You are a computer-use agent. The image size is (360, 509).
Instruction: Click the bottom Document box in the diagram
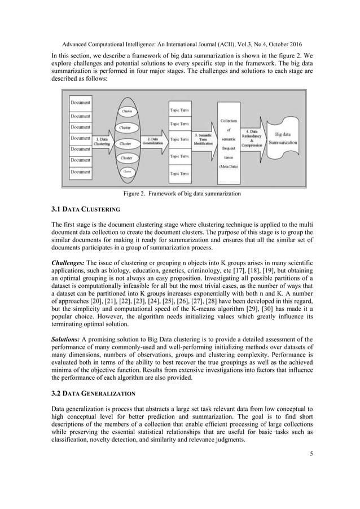pos(81,172)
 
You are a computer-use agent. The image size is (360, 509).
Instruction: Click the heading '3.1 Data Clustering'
pos(85,209)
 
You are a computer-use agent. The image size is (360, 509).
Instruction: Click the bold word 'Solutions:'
pos(66,336)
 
